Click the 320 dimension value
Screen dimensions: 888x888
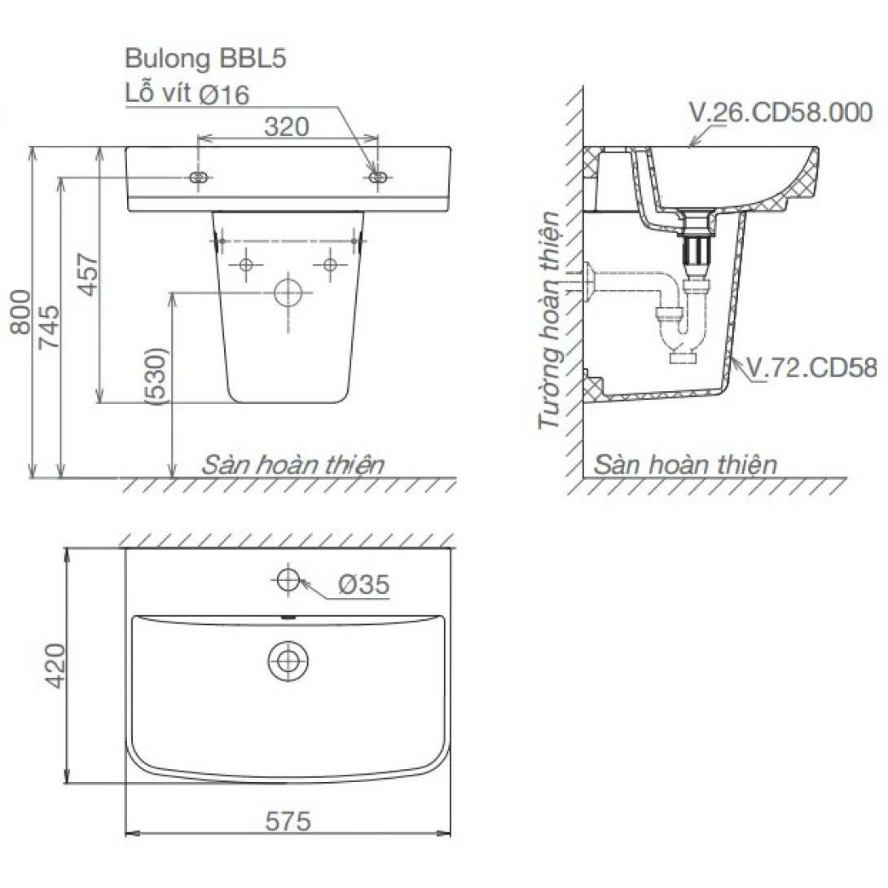287,127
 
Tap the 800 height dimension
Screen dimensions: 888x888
21,311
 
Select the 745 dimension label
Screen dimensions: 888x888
48,327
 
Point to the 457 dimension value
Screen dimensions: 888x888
88,274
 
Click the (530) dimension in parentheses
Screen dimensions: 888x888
157,376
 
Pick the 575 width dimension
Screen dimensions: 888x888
288,821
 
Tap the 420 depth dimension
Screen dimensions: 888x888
55,666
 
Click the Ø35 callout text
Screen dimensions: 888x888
364,584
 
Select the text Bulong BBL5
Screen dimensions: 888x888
205,59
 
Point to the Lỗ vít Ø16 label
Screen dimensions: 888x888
187,94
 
